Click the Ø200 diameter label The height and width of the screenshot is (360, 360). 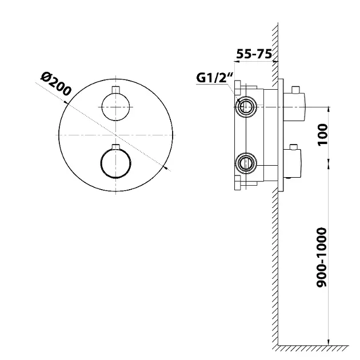pos(55,83)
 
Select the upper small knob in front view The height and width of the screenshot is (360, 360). pos(116,105)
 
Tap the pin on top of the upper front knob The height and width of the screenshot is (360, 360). pos(116,89)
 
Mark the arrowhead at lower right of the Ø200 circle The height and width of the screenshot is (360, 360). pos(165,167)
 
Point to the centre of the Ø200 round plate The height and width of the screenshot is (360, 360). pos(116,135)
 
